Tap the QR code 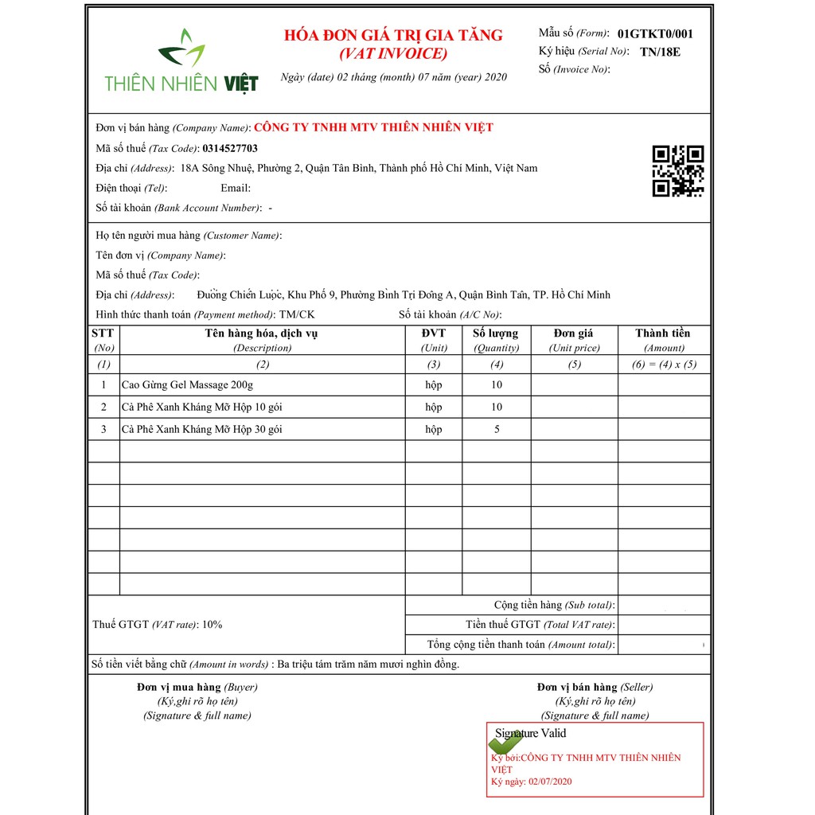click(x=678, y=170)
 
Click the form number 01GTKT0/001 click(x=655, y=33)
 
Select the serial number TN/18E click(x=661, y=52)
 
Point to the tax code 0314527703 click(x=230, y=148)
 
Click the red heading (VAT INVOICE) click(x=393, y=54)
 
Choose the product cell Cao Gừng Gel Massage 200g click(x=187, y=385)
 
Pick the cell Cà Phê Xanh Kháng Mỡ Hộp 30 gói click(x=201, y=430)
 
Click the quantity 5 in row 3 click(x=497, y=430)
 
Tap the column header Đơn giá click(x=574, y=333)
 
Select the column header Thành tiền click(x=663, y=333)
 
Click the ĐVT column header click(x=434, y=333)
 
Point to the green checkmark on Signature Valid click(x=504, y=743)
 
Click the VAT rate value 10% click(x=213, y=625)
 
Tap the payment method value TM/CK click(x=297, y=314)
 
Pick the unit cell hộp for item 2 click(x=434, y=407)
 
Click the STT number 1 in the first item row click(x=103, y=385)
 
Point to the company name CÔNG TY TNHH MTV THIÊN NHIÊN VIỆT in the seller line click(x=373, y=127)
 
